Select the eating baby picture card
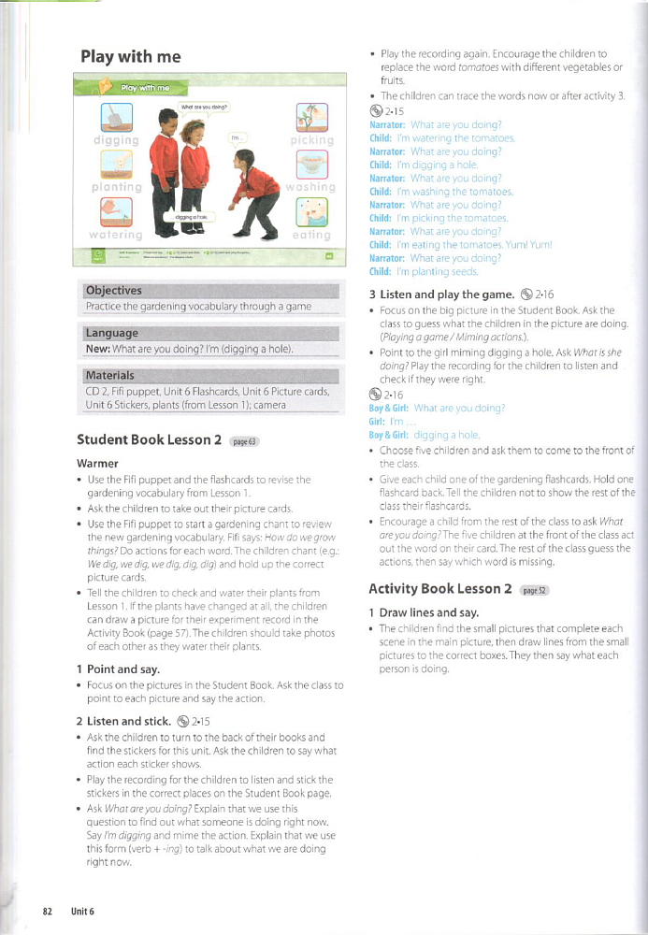coord(310,213)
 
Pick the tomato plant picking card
coord(310,116)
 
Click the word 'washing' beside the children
coord(310,186)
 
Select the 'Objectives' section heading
coord(113,290)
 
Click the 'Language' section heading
coord(111,333)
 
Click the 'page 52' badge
coord(534,591)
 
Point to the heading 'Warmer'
coord(97,463)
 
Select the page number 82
coord(47,911)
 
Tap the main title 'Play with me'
coord(131,57)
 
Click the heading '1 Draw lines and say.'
coord(418,612)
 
